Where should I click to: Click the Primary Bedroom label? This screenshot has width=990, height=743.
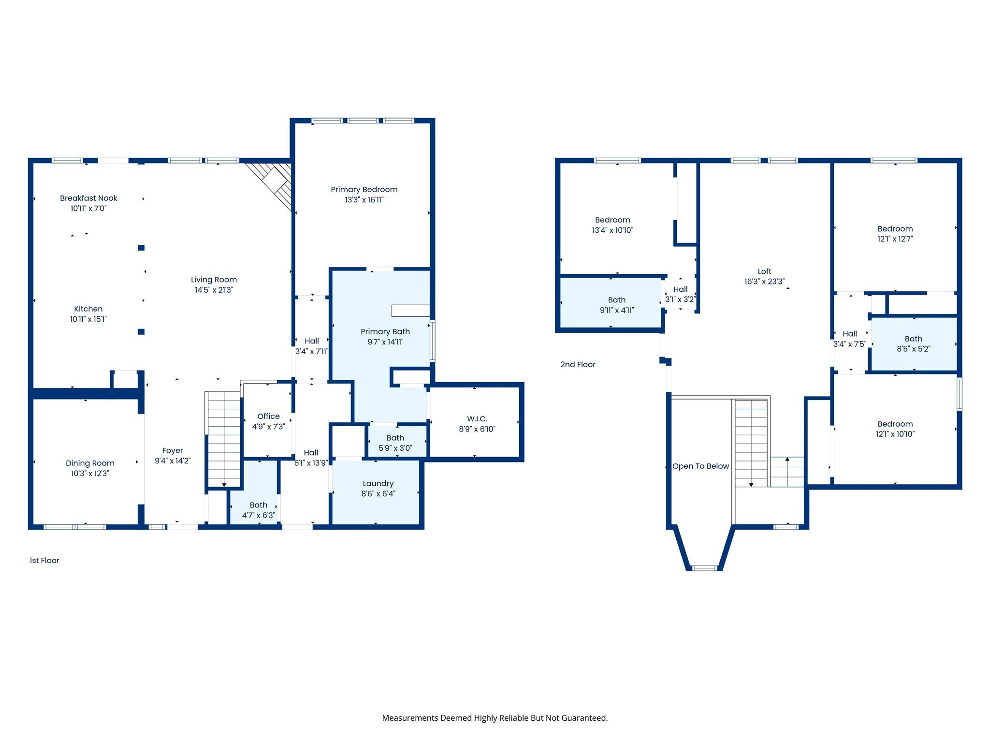click(x=364, y=190)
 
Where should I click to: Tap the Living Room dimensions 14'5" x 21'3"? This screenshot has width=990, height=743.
click(x=214, y=290)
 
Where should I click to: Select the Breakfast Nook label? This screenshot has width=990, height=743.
click(x=88, y=198)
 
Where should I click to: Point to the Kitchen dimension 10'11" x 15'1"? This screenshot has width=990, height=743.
click(x=88, y=319)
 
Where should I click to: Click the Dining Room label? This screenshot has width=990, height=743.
click(x=90, y=463)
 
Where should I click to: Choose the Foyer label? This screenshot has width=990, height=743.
click(x=173, y=451)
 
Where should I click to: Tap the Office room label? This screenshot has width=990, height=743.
click(x=268, y=416)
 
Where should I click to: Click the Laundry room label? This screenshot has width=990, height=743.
click(x=378, y=484)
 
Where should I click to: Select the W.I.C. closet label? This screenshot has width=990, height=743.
click(x=477, y=419)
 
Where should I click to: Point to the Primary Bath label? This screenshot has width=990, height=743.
click(x=385, y=332)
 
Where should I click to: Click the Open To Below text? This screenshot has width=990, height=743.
click(x=700, y=466)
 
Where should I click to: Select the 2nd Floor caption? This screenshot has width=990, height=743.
click(x=578, y=365)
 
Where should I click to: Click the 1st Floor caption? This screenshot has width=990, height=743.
click(x=44, y=561)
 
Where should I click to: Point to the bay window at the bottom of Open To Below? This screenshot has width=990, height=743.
click(x=704, y=568)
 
